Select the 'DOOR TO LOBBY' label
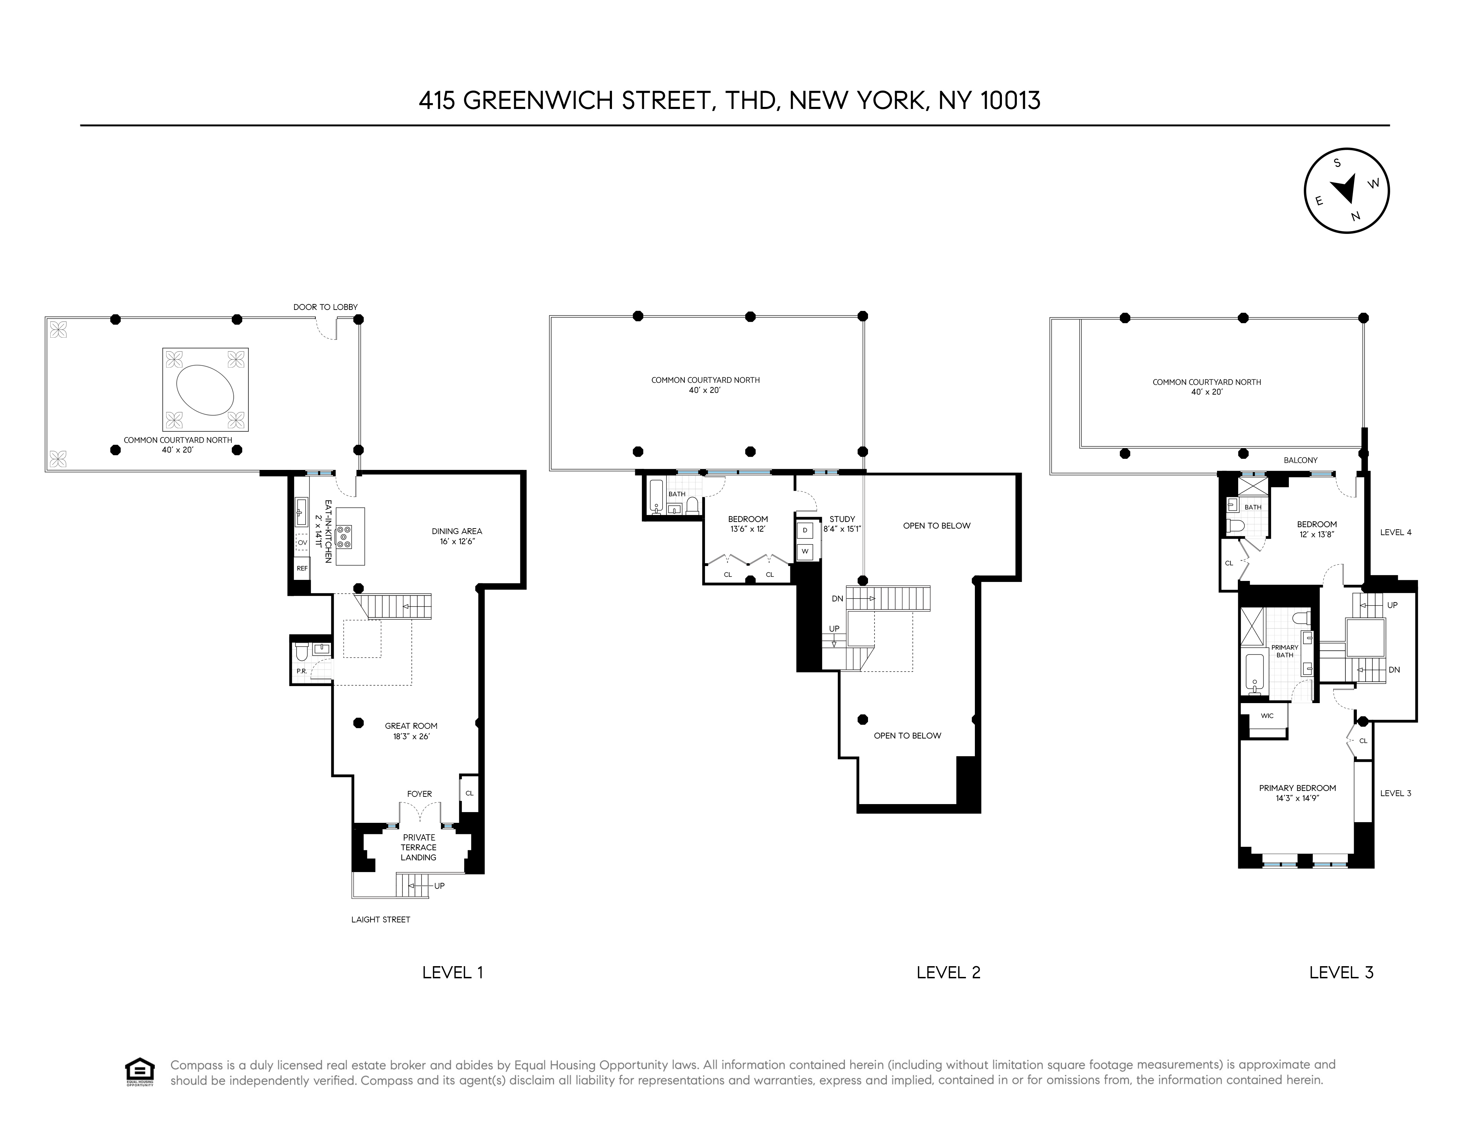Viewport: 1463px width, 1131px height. pyautogui.click(x=325, y=307)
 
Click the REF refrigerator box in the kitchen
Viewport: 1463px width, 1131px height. pyautogui.click(x=302, y=568)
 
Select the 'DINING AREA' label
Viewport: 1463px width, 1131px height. pyautogui.click(x=457, y=531)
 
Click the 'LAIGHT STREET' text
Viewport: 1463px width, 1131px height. pyautogui.click(x=381, y=919)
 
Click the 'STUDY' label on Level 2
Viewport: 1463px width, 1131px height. pyautogui.click(x=842, y=518)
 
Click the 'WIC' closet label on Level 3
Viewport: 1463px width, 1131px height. pyautogui.click(x=1267, y=716)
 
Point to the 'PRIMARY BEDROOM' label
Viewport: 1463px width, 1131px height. pyautogui.click(x=1298, y=788)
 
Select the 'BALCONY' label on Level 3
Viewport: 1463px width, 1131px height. pyautogui.click(x=1300, y=460)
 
